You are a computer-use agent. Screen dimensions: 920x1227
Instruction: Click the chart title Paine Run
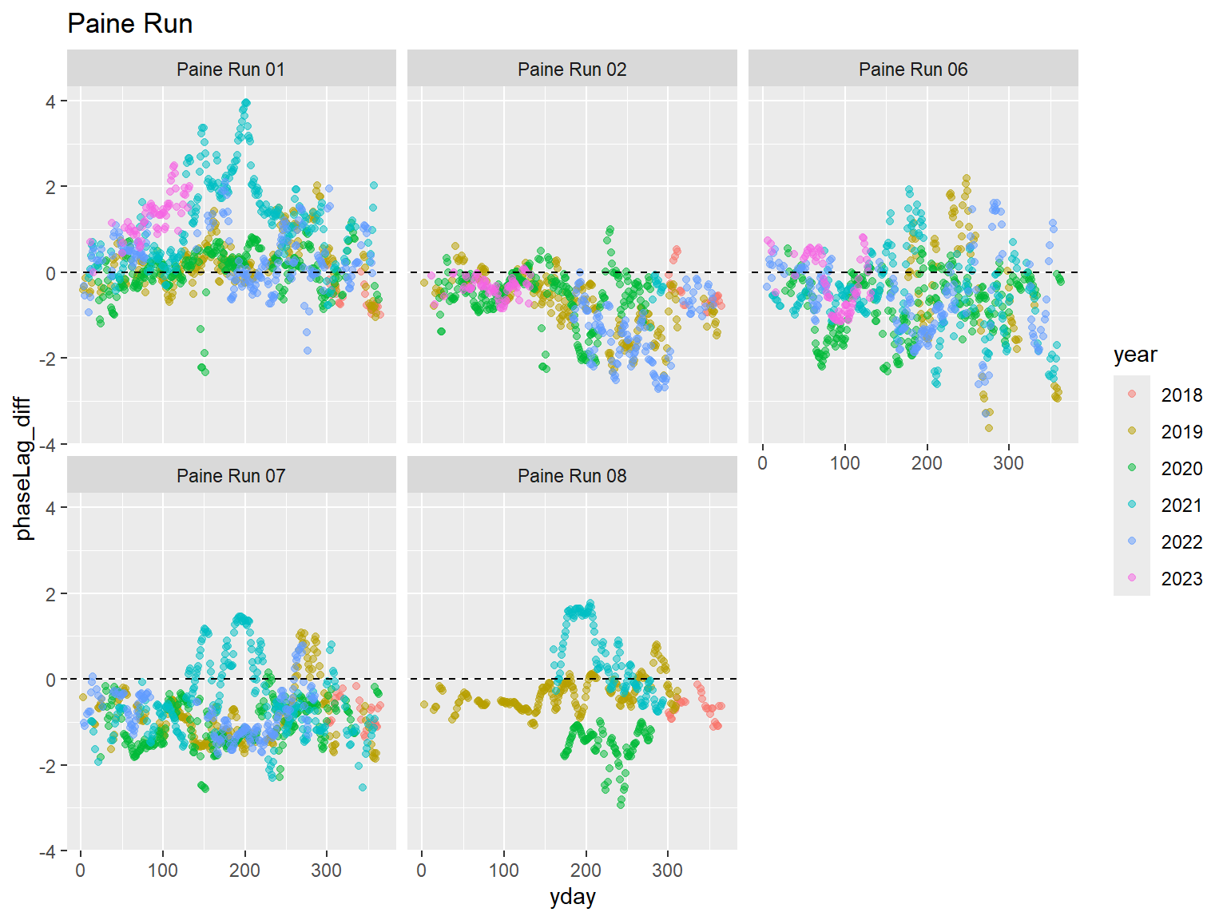[130, 24]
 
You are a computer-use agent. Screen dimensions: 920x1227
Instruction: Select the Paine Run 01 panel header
[231, 69]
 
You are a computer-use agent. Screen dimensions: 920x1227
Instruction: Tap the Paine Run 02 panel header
[572, 69]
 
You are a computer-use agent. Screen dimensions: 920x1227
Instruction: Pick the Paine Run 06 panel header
[913, 69]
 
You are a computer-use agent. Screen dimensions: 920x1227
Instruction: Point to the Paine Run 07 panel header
[231, 476]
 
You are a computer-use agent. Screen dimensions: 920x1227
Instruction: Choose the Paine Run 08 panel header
[572, 476]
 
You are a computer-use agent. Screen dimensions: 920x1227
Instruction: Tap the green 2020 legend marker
[1132, 468]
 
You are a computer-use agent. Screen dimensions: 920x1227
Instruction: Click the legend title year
[1135, 355]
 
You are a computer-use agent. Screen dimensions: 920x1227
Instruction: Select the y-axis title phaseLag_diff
[24, 468]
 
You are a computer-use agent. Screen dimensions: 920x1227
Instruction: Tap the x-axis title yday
[572, 897]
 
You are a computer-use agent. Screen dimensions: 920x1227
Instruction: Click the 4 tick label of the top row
[51, 101]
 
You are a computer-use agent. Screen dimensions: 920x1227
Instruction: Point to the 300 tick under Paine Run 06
[1008, 463]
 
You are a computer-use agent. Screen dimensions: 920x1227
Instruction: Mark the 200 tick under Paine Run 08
[586, 870]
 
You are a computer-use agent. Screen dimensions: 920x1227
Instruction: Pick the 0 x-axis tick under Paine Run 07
[81, 870]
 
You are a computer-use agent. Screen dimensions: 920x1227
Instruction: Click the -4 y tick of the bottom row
[48, 852]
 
